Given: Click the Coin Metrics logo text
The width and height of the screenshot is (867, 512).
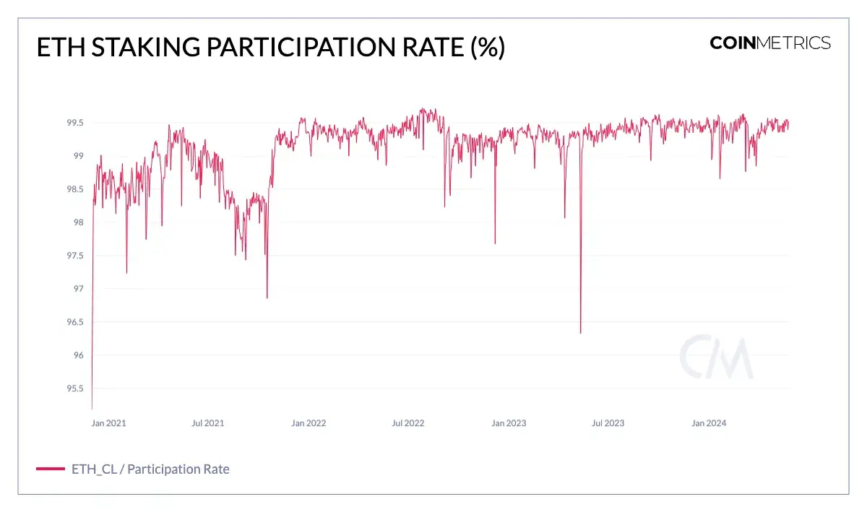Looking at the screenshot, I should pyautogui.click(x=770, y=43).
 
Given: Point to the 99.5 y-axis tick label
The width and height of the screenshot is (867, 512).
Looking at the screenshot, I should pyautogui.click(x=75, y=123).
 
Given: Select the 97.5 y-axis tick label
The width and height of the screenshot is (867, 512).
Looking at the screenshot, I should pyautogui.click(x=75, y=256).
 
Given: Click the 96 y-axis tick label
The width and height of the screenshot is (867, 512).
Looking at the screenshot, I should pyautogui.click(x=79, y=355).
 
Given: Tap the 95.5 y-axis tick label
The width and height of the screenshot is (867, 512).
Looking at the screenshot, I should pyautogui.click(x=75, y=389).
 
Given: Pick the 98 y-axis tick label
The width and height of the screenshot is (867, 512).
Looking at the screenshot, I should pyautogui.click(x=79, y=222).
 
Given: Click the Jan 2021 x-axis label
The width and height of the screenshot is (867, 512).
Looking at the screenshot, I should pyautogui.click(x=109, y=423).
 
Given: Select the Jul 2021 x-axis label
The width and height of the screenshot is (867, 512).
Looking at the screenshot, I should pyautogui.click(x=208, y=423).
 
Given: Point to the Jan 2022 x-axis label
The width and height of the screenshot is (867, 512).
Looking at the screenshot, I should pyautogui.click(x=309, y=423).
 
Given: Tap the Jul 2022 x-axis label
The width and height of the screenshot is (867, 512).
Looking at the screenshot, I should pyautogui.click(x=408, y=423).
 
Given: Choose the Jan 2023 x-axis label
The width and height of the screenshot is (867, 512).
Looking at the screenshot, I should pyautogui.click(x=509, y=423).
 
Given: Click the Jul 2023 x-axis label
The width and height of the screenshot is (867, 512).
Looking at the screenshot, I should pyautogui.click(x=608, y=423).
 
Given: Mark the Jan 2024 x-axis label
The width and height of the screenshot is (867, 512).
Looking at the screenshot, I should pyautogui.click(x=709, y=423).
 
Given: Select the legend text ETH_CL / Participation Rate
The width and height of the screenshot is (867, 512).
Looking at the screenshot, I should pyautogui.click(x=150, y=469).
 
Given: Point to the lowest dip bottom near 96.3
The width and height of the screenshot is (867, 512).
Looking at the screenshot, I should pyautogui.click(x=580, y=332).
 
